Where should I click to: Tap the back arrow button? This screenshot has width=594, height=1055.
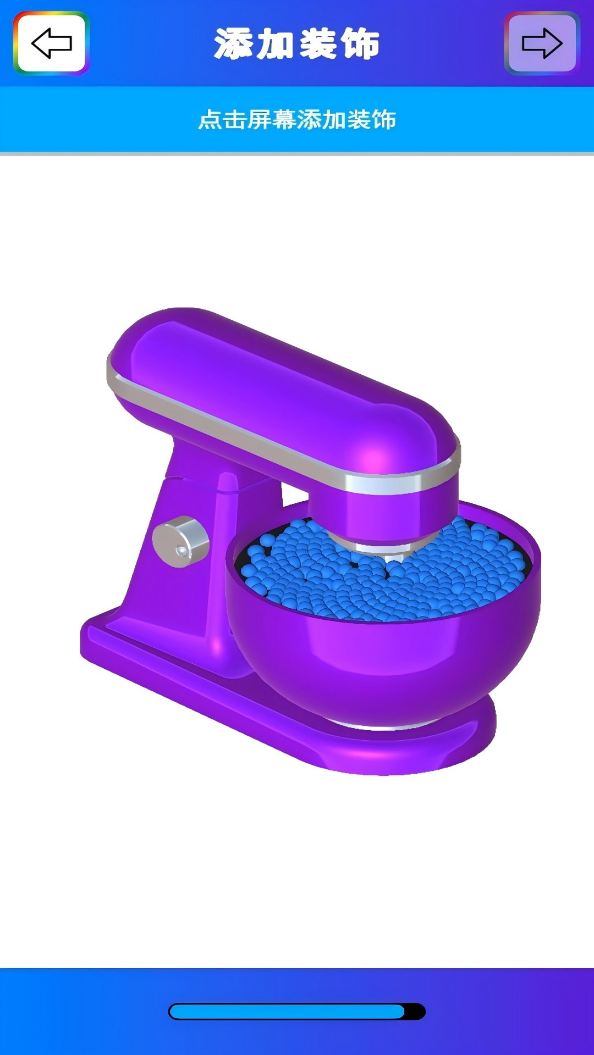click(51, 43)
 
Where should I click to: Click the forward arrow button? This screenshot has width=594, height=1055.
click(542, 43)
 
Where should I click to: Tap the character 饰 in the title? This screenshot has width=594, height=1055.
click(360, 44)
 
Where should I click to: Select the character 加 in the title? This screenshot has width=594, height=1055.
click(276, 44)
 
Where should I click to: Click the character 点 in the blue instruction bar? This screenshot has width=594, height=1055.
click(210, 120)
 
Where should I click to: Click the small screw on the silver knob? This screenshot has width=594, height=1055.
click(181, 551)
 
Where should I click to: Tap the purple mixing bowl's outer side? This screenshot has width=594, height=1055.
click(385, 659)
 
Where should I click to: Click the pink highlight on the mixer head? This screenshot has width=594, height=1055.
click(374, 456)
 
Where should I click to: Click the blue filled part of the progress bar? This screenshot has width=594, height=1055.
click(286, 1012)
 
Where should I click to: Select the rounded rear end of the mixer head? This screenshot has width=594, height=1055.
click(143, 346)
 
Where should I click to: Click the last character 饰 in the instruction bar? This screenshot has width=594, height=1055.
click(384, 120)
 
